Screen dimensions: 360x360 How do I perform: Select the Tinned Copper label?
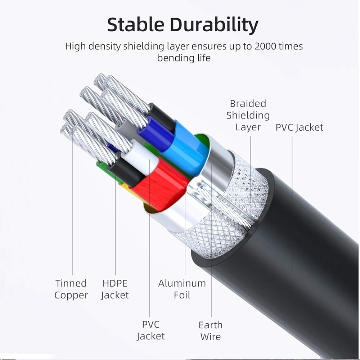click(x=71, y=289)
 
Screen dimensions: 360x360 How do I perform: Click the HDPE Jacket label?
click(x=115, y=289)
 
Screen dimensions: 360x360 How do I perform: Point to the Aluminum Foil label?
click(x=182, y=289)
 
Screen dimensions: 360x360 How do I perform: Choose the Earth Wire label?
click(x=211, y=331)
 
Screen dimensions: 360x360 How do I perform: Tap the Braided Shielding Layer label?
click(x=248, y=115)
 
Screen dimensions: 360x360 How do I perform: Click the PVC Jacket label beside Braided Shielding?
click(x=300, y=127)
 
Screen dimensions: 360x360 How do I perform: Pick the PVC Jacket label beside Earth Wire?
click(x=150, y=330)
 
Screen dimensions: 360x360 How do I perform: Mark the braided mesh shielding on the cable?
click(x=248, y=187)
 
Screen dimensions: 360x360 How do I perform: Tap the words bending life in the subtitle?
click(x=184, y=58)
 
